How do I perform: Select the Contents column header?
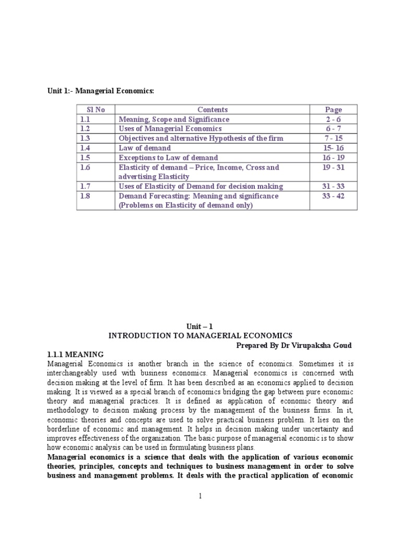(x=213, y=110)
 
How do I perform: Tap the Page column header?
(x=333, y=110)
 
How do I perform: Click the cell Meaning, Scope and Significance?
(x=174, y=119)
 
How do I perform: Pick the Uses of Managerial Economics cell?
(x=170, y=129)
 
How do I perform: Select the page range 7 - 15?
(x=333, y=138)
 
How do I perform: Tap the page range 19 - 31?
(x=333, y=167)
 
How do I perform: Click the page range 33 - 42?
(x=333, y=196)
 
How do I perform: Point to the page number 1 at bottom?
(x=200, y=495)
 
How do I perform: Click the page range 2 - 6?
(x=333, y=119)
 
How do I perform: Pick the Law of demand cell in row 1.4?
(x=144, y=148)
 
